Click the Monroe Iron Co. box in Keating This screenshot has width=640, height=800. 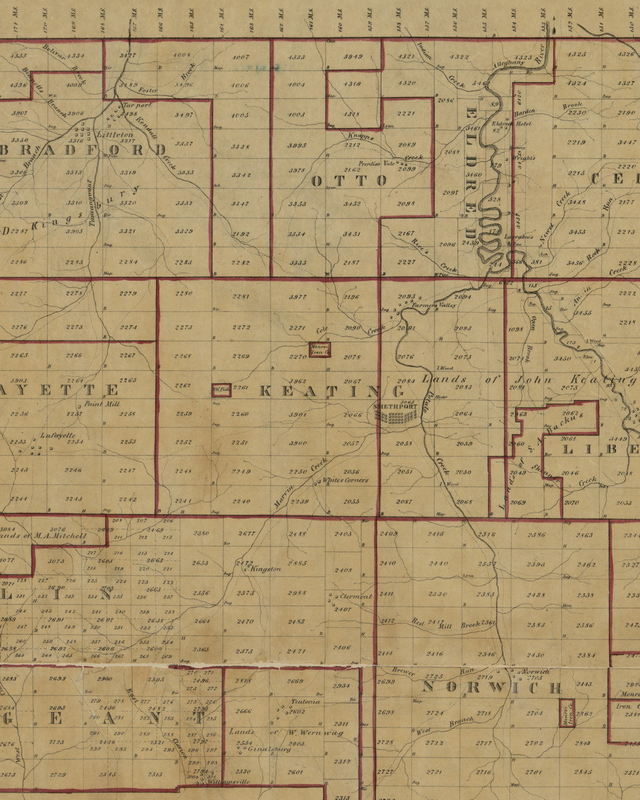(x=319, y=349)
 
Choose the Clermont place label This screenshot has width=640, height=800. (x=355, y=597)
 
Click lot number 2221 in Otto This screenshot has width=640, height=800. (x=406, y=114)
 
